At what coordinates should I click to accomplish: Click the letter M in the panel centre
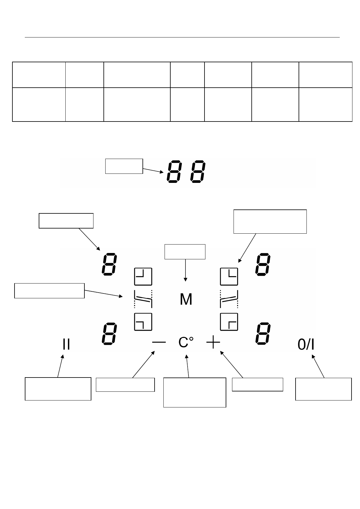[x=186, y=299]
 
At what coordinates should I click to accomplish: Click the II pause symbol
[x=66, y=344]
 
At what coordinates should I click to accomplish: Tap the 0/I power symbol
[x=306, y=345]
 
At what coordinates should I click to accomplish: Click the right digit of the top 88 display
[x=198, y=171]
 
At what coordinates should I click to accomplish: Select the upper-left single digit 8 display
[x=109, y=264]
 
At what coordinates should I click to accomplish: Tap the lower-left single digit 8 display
[x=109, y=334]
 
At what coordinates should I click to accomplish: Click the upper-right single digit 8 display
[x=263, y=264]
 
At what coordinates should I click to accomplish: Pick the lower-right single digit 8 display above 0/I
[x=263, y=334]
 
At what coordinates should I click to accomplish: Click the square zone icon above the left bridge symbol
[x=143, y=276]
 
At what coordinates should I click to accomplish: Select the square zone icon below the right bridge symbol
[x=229, y=322]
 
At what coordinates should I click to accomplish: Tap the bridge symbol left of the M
[x=143, y=299]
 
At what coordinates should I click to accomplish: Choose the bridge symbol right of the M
[x=229, y=299]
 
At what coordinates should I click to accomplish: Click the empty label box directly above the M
[x=185, y=252]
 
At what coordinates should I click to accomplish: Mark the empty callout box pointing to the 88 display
[x=124, y=166]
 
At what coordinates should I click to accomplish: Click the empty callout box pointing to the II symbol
[x=58, y=389]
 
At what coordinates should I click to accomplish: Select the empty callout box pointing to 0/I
[x=323, y=389]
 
